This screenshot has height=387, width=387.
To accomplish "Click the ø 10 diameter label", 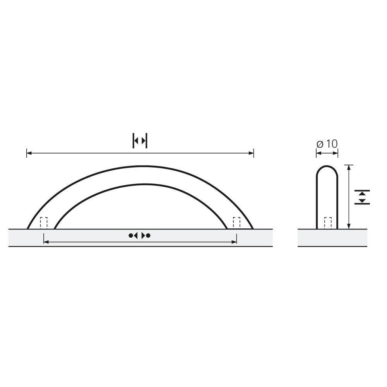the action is [x=327, y=144].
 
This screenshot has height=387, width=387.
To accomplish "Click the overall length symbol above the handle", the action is [x=140, y=141].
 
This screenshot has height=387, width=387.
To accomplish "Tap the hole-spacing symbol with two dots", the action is [x=139, y=235].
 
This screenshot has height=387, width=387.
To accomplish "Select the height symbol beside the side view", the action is [x=362, y=197].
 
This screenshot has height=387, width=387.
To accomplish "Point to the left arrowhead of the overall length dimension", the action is [x=29, y=153].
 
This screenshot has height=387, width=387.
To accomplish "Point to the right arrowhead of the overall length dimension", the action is [x=251, y=153].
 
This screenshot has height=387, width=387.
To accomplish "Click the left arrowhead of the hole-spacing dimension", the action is [x=46, y=242].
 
